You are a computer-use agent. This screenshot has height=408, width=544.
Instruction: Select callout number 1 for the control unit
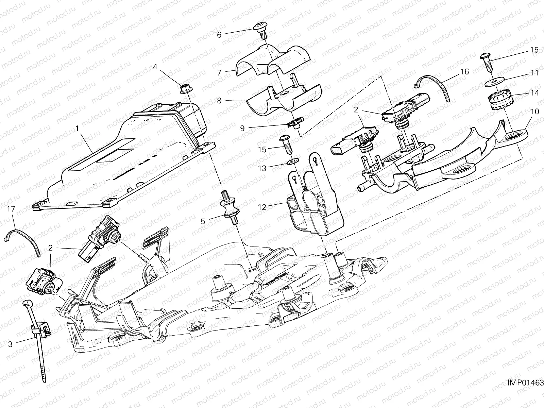coord(77,128)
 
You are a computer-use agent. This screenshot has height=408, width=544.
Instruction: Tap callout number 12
coord(262,207)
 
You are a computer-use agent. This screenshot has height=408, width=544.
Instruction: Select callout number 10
coord(535,112)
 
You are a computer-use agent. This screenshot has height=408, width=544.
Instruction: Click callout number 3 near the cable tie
coord(10,344)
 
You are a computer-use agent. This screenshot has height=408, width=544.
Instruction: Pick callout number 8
coord(219,101)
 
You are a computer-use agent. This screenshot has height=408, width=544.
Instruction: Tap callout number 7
coord(219,72)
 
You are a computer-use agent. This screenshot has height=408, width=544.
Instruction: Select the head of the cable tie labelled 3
coord(27,303)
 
